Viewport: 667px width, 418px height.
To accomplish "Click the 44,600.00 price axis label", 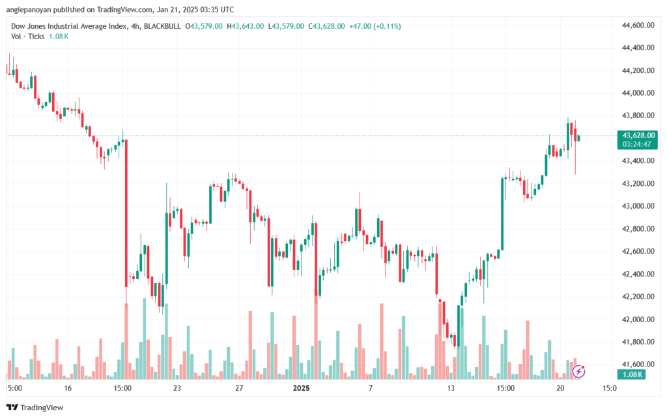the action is (638, 25).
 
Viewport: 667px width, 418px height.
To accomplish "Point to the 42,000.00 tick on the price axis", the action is (638, 320).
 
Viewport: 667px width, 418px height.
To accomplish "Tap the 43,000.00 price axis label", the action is (638, 206).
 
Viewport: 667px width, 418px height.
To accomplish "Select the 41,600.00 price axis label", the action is (638, 365).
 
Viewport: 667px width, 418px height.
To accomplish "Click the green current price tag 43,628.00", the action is (638, 136).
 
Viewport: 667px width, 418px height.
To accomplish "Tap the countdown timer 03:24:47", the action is (637, 144).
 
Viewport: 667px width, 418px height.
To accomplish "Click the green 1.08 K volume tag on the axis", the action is (632, 374).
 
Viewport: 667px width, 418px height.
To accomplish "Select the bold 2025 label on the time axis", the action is (301, 388).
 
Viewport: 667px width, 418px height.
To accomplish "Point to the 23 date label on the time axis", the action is (177, 388).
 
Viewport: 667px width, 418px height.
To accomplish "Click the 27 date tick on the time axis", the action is (239, 388).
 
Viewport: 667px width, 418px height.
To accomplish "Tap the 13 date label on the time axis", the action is (451, 388).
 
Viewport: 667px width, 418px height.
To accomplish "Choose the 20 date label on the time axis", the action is (560, 388).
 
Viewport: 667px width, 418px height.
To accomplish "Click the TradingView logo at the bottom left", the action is (35, 408).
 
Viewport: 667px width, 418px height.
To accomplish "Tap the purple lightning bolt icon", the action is (578, 371).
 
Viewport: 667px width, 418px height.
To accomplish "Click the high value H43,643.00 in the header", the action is (245, 26).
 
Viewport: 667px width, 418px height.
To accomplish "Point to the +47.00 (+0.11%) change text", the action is (375, 26).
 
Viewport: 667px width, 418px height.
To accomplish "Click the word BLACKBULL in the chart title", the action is (162, 26).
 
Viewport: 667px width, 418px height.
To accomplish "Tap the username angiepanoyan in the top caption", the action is (29, 10).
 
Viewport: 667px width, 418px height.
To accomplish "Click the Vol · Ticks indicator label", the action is (27, 37).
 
